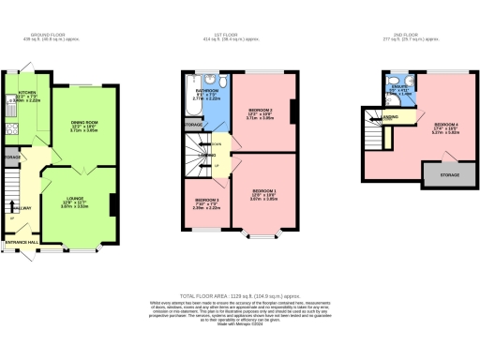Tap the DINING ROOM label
click(x=86, y=122)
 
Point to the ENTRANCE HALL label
click(x=22, y=242)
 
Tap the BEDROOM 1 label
click(x=262, y=191)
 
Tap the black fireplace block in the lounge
click(x=112, y=204)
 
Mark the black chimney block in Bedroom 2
click(x=293, y=112)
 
